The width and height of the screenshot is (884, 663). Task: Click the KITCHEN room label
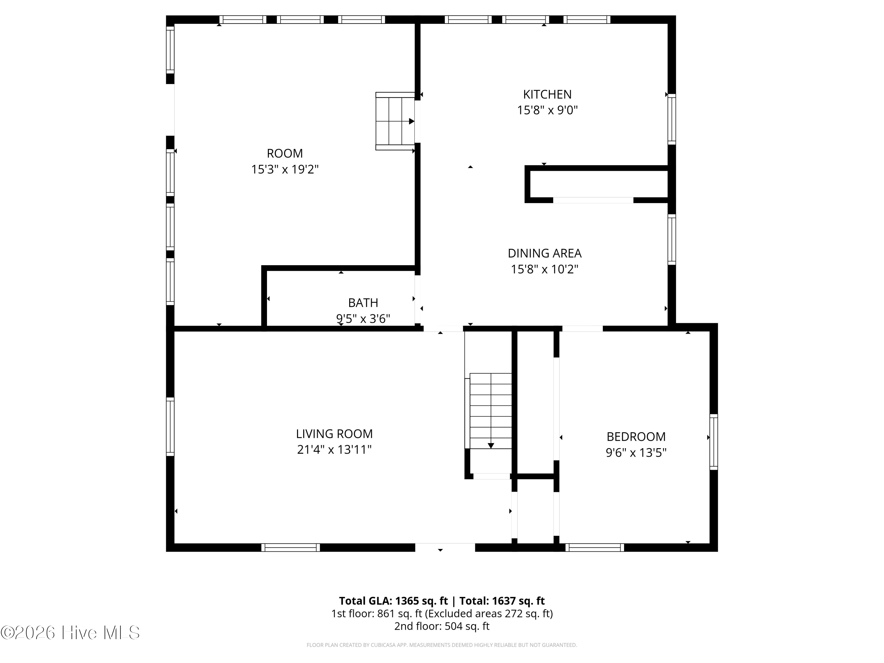coord(547,94)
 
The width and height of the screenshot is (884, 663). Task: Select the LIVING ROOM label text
coord(334,434)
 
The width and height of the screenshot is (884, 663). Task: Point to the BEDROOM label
coord(636,436)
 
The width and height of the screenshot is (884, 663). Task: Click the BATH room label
coord(363,303)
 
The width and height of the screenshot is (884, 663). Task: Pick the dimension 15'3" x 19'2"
coord(285,169)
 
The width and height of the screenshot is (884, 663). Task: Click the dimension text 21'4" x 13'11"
coord(334,450)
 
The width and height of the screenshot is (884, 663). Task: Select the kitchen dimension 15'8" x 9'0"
coord(547,110)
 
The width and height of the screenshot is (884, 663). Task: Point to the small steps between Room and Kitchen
coord(395,121)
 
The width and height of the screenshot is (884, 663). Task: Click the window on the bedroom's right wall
coord(713,442)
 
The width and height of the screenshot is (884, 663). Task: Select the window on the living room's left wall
coord(170,426)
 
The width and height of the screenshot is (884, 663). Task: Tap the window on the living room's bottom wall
coord(291,547)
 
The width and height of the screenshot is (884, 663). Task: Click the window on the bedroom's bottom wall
coord(595,547)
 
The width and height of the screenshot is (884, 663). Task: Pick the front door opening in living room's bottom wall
coord(445,547)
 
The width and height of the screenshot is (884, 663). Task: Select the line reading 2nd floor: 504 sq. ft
coord(442,626)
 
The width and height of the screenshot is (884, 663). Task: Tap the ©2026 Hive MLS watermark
coord(70,633)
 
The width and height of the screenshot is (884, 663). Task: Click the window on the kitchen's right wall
coord(672,119)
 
